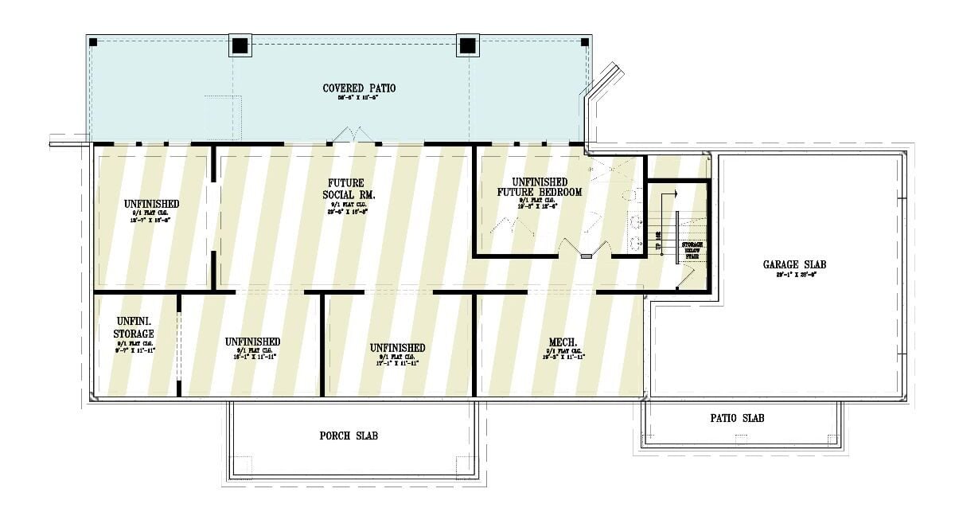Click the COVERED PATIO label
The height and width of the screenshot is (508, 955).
(359, 88)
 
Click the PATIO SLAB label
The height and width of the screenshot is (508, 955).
(737, 418)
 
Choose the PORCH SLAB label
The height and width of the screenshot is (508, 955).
(349, 436)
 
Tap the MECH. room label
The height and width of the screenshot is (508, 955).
(565, 342)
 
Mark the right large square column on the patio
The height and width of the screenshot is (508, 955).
(467, 45)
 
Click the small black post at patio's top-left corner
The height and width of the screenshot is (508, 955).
(93, 41)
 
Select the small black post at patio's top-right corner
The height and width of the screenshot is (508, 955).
(585, 41)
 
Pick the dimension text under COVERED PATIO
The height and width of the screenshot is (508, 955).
(359, 98)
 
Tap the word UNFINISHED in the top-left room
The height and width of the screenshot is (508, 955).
(151, 204)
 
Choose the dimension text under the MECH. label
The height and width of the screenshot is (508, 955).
(565, 357)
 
